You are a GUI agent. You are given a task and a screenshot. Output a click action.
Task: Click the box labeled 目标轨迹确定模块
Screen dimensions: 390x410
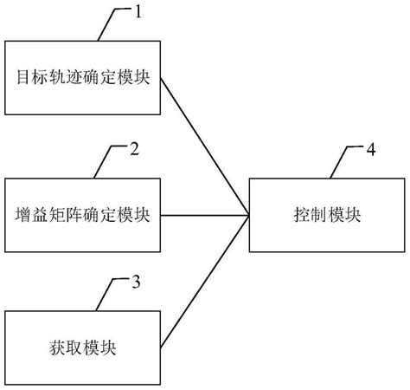(x=83, y=78)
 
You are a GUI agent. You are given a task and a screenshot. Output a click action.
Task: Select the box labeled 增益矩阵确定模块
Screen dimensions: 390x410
(x=83, y=214)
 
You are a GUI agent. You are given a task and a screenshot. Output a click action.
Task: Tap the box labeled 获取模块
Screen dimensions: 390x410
(x=83, y=348)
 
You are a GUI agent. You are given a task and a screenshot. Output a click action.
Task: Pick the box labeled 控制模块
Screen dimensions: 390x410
(x=329, y=214)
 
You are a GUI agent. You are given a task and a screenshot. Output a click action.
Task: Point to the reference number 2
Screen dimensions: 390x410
(x=134, y=149)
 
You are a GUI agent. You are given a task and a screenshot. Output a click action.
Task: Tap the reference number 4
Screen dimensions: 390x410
(x=370, y=150)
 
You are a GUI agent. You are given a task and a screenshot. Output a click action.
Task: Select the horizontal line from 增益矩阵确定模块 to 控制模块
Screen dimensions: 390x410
(x=206, y=214)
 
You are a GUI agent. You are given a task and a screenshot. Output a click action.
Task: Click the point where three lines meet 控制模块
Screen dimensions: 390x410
(x=249, y=214)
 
